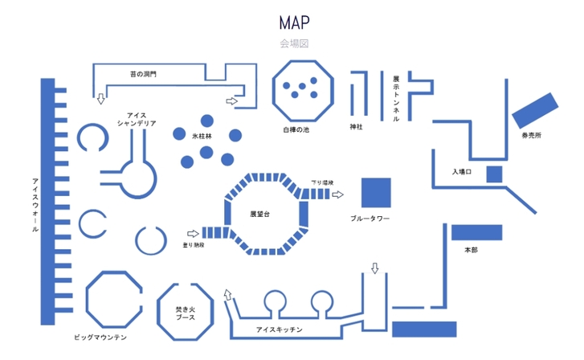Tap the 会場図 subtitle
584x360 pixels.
point(293,43)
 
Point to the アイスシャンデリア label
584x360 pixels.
point(137,120)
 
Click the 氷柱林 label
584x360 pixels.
point(202,137)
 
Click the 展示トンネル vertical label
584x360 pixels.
point(396,99)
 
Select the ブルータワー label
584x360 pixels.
point(370,219)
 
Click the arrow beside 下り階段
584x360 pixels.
point(338,194)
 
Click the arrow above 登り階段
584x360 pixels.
point(192,234)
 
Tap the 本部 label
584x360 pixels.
point(472,250)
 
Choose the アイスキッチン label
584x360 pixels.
point(279,330)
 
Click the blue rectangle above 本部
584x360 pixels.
point(476,232)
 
